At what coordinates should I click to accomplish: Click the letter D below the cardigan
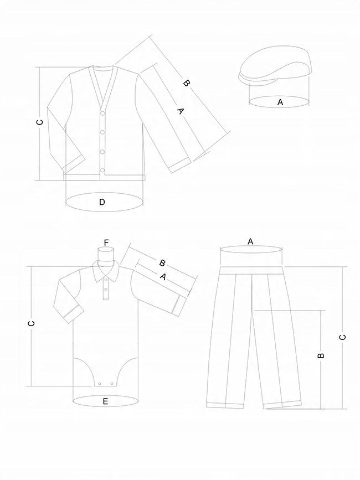102,202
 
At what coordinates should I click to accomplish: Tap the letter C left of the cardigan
39,123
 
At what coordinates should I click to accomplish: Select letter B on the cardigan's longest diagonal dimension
187,84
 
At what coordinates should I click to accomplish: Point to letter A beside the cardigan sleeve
179,111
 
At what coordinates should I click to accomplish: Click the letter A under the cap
280,102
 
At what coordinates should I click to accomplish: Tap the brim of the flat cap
247,77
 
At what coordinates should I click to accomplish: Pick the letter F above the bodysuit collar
106,242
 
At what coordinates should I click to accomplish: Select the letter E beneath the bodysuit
105,401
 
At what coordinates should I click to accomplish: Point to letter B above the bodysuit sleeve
162,262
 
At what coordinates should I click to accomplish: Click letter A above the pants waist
250,241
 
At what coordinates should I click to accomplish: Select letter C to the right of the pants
343,336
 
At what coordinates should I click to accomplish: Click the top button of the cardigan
102,114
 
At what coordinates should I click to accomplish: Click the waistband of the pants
252,270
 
